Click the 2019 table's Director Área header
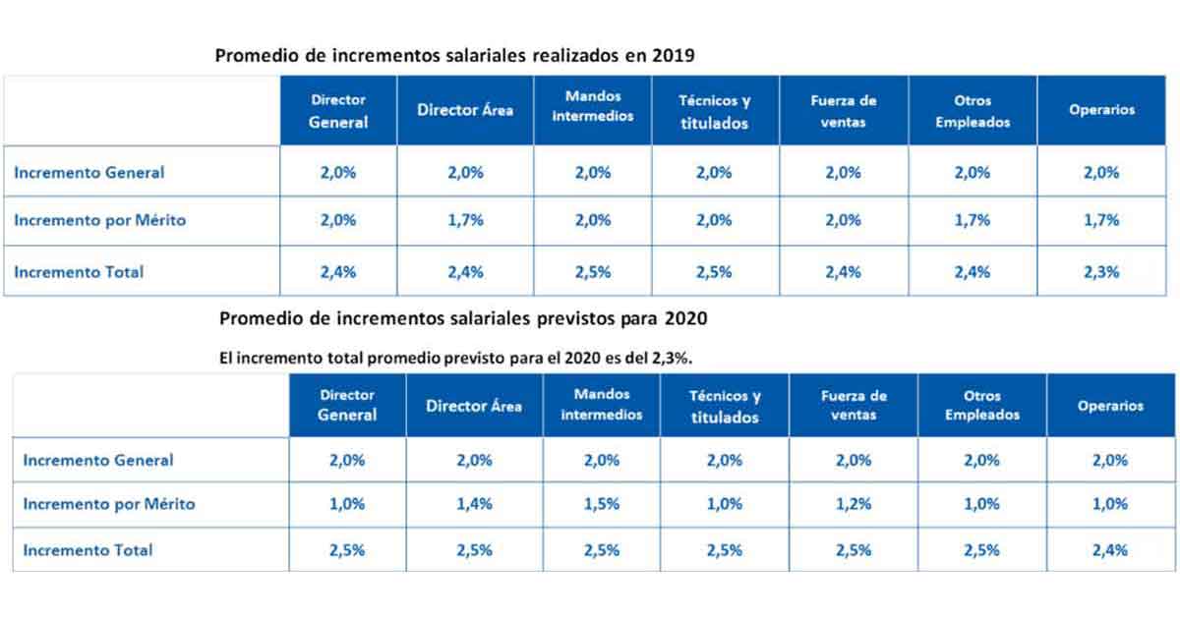pyautogui.click(x=465, y=111)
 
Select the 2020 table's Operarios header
pyautogui.click(x=1110, y=406)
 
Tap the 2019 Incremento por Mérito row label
pyautogui.click(x=99, y=220)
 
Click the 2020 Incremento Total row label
pyautogui.click(x=88, y=550)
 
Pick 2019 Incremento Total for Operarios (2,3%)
pyautogui.click(x=1101, y=272)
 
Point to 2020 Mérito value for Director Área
pyautogui.click(x=475, y=504)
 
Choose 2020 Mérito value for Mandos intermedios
pyautogui.click(x=602, y=504)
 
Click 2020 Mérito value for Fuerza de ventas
pyautogui.click(x=854, y=504)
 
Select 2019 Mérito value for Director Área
pyautogui.click(x=465, y=220)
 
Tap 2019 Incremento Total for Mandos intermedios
pyautogui.click(x=592, y=272)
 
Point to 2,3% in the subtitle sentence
pyautogui.click(x=671, y=359)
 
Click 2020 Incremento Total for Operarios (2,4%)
pyautogui.click(x=1110, y=550)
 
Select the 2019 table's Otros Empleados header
pyautogui.click(x=973, y=111)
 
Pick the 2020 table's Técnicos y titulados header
pyautogui.click(x=725, y=406)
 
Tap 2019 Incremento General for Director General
pyautogui.click(x=338, y=172)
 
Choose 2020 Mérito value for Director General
pyautogui.click(x=347, y=504)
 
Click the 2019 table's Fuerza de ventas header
pyautogui.click(x=844, y=111)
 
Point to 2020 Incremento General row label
pyautogui.click(x=97, y=460)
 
